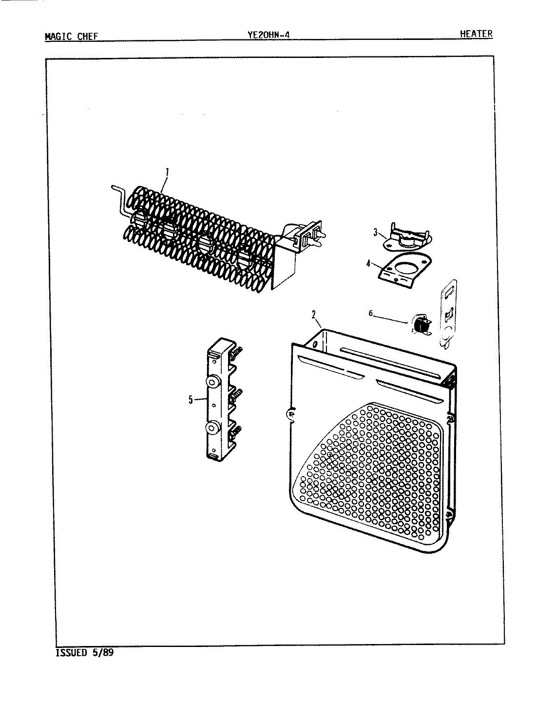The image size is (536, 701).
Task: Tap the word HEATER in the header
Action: pos(476,34)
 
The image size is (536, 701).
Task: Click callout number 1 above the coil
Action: pos(167,171)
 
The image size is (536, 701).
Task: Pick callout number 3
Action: pos(376,233)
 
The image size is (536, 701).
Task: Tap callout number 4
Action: pos(369,264)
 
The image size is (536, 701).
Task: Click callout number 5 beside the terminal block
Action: pos(191,400)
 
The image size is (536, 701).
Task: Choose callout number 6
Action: pos(371,314)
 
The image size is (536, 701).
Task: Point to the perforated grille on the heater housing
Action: pos(375,467)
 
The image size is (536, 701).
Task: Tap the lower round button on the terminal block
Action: pos(212,428)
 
